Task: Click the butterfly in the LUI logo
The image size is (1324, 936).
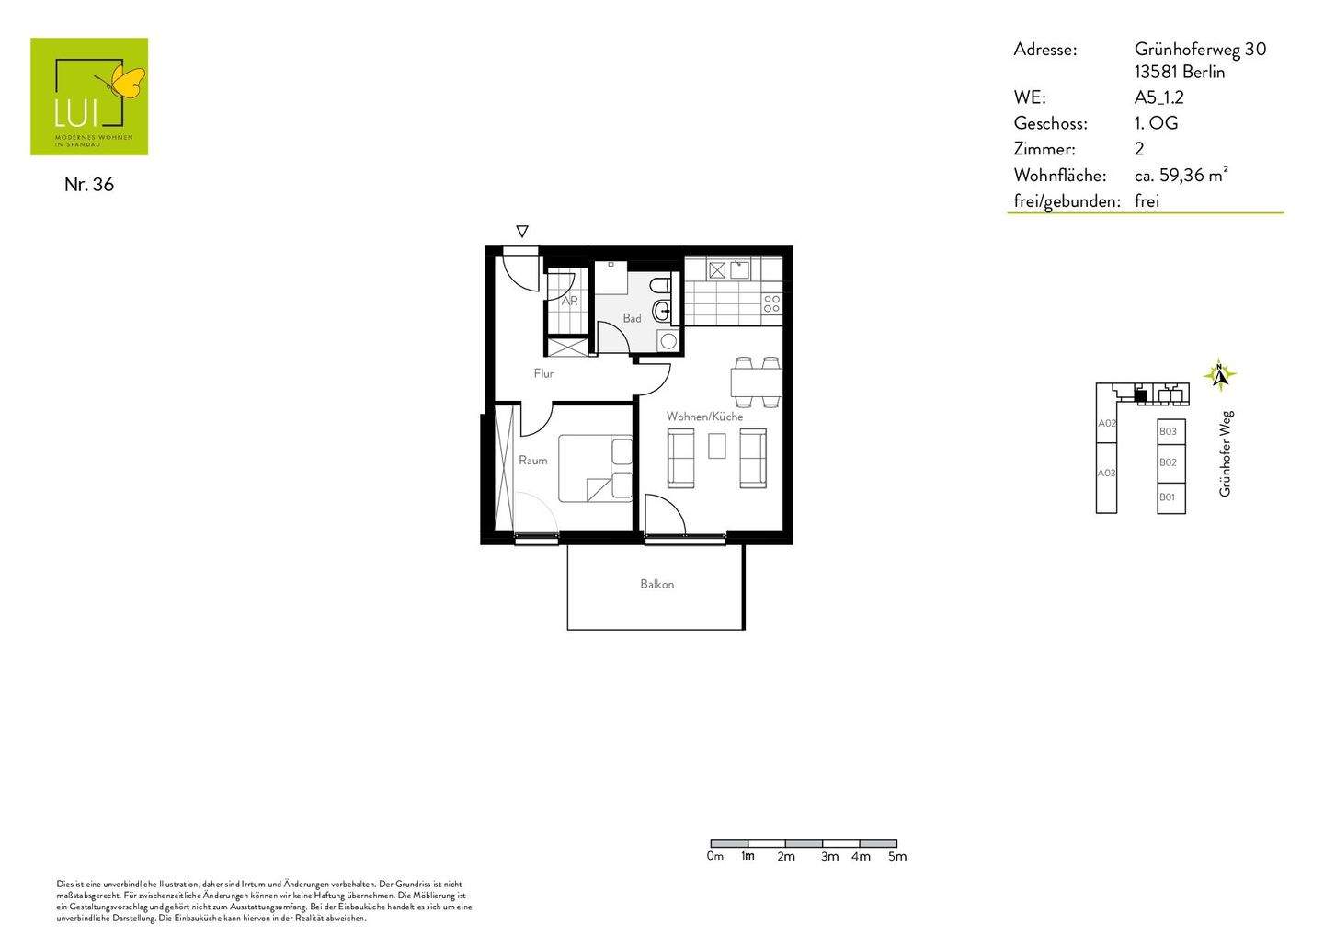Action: tap(127, 82)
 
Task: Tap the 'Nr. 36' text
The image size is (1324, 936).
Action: tap(89, 185)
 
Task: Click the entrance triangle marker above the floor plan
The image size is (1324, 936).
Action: tap(522, 232)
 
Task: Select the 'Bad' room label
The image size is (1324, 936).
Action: tap(632, 319)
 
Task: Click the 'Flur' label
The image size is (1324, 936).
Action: tap(543, 373)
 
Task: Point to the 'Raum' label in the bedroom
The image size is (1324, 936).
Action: tap(532, 461)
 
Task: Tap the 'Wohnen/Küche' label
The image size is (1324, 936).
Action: tap(704, 417)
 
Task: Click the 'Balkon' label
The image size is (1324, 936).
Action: tap(657, 584)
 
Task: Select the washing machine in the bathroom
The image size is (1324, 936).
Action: tap(668, 341)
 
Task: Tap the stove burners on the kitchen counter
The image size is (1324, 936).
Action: tap(771, 303)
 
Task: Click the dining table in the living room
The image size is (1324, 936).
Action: tap(757, 382)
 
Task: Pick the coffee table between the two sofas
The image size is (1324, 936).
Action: tap(717, 446)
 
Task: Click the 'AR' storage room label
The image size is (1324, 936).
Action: tap(569, 301)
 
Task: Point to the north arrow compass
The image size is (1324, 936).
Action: tap(1220, 375)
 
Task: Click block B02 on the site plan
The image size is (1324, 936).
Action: tap(1169, 462)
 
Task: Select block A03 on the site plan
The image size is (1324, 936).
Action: tap(1106, 474)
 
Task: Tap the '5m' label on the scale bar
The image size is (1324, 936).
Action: tap(896, 857)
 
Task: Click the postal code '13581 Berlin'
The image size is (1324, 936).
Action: tap(1180, 73)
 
